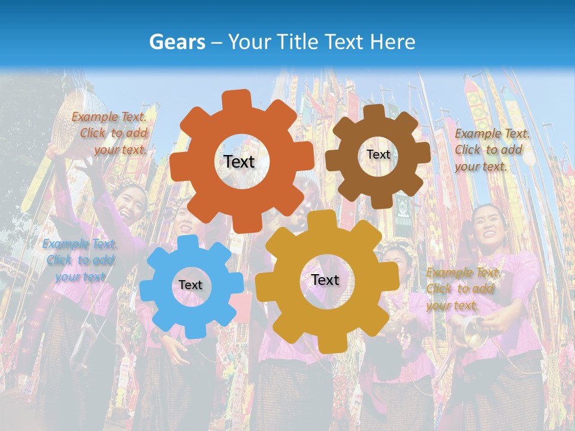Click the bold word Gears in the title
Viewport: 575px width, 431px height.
point(177,42)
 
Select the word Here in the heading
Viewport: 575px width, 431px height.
point(392,42)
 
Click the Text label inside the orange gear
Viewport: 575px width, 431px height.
point(239,162)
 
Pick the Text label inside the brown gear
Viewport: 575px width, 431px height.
point(378,154)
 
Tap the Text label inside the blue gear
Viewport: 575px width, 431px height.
point(190,285)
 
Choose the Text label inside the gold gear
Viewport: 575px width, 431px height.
point(325,280)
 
